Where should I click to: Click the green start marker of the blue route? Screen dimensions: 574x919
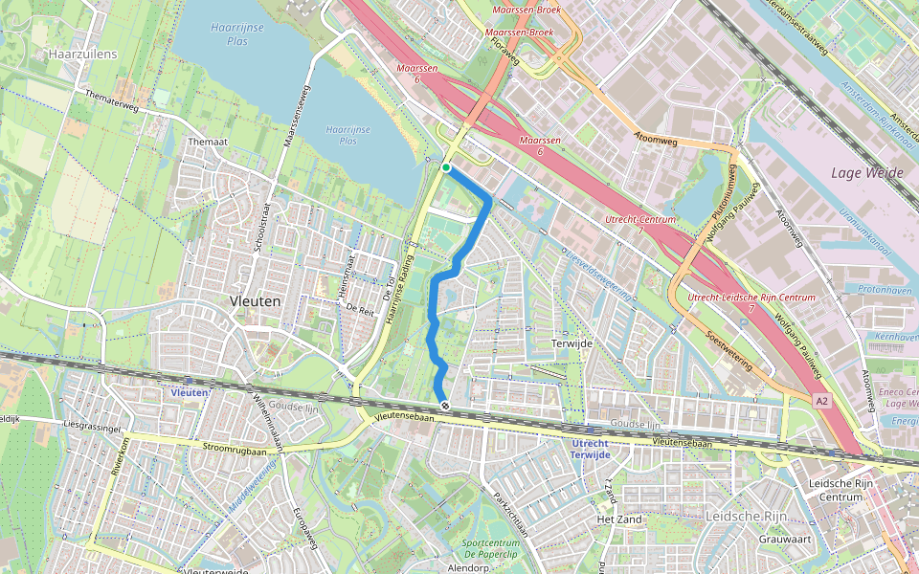click(446, 168)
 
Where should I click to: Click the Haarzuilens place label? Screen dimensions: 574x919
click(82, 55)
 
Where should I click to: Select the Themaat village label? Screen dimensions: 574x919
click(208, 142)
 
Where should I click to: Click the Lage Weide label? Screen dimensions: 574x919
click(868, 173)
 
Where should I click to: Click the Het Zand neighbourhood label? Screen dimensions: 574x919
click(618, 519)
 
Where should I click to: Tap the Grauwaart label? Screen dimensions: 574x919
click(785, 539)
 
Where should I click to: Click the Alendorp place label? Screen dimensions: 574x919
click(468, 568)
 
